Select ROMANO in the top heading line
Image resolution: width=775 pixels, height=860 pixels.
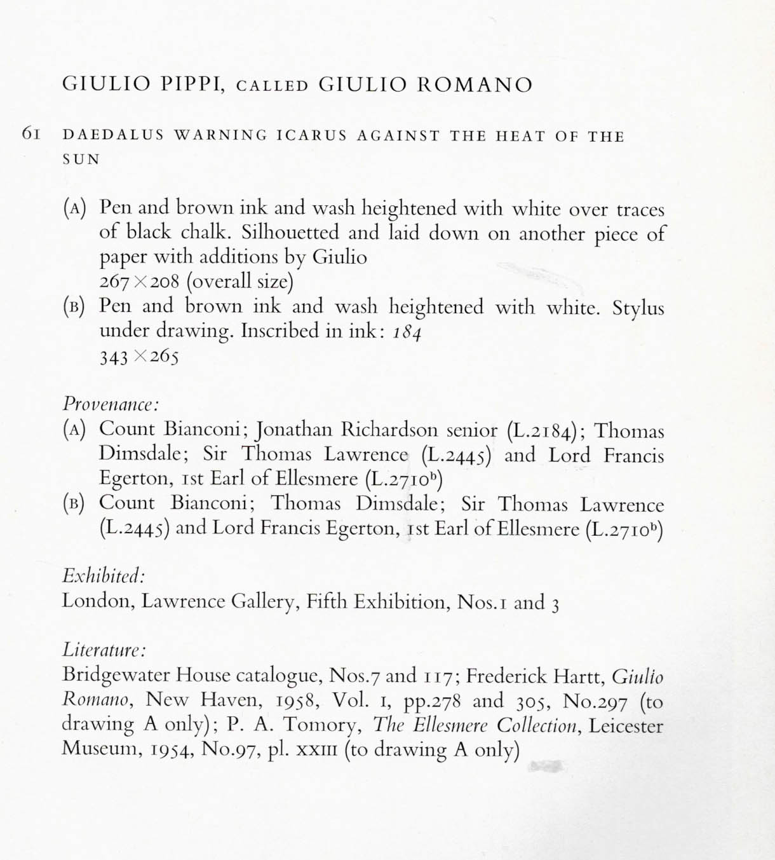tap(475, 85)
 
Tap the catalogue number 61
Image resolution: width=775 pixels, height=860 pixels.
tap(31, 133)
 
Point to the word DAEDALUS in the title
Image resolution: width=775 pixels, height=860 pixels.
tap(113, 135)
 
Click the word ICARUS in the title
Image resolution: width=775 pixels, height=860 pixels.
tap(312, 135)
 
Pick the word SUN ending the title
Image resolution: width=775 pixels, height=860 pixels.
tap(81, 160)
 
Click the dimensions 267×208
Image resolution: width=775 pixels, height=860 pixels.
tap(139, 282)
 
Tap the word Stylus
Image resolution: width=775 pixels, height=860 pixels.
tap(638, 308)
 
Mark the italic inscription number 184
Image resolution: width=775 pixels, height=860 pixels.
tap(407, 332)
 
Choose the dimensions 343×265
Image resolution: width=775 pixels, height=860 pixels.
tap(139, 356)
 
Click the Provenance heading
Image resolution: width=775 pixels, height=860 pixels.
tap(110, 404)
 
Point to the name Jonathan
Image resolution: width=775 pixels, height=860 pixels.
tap(294, 430)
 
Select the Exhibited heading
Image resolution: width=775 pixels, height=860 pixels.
tap(104, 577)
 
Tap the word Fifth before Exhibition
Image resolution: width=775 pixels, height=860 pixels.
tap(327, 601)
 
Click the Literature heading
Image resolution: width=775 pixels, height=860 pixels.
tap(104, 650)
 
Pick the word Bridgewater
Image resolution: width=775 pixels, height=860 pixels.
tap(116, 676)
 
